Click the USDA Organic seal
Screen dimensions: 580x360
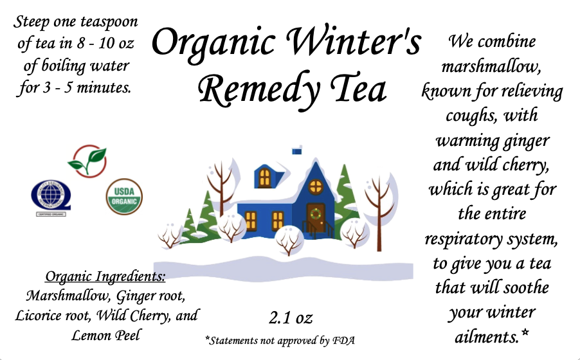pos(124,197)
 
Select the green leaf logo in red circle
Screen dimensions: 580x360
pos(87,161)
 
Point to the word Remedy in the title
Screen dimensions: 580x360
pos(259,89)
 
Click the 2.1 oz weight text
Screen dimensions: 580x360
pos(291,318)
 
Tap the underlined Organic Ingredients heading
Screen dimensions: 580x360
pos(105,276)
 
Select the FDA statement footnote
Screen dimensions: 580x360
pos(280,340)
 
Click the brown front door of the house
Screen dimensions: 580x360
pos(316,218)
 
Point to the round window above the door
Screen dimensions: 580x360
pos(316,186)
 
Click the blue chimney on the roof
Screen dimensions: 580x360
pos(296,151)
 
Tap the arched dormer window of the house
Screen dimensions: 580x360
pos(264,177)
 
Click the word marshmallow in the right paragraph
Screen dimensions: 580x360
pos(491,67)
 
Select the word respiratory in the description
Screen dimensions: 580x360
pos(463,239)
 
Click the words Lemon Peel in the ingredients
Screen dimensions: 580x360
pos(106,335)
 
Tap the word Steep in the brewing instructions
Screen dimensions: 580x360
pos(31,22)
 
